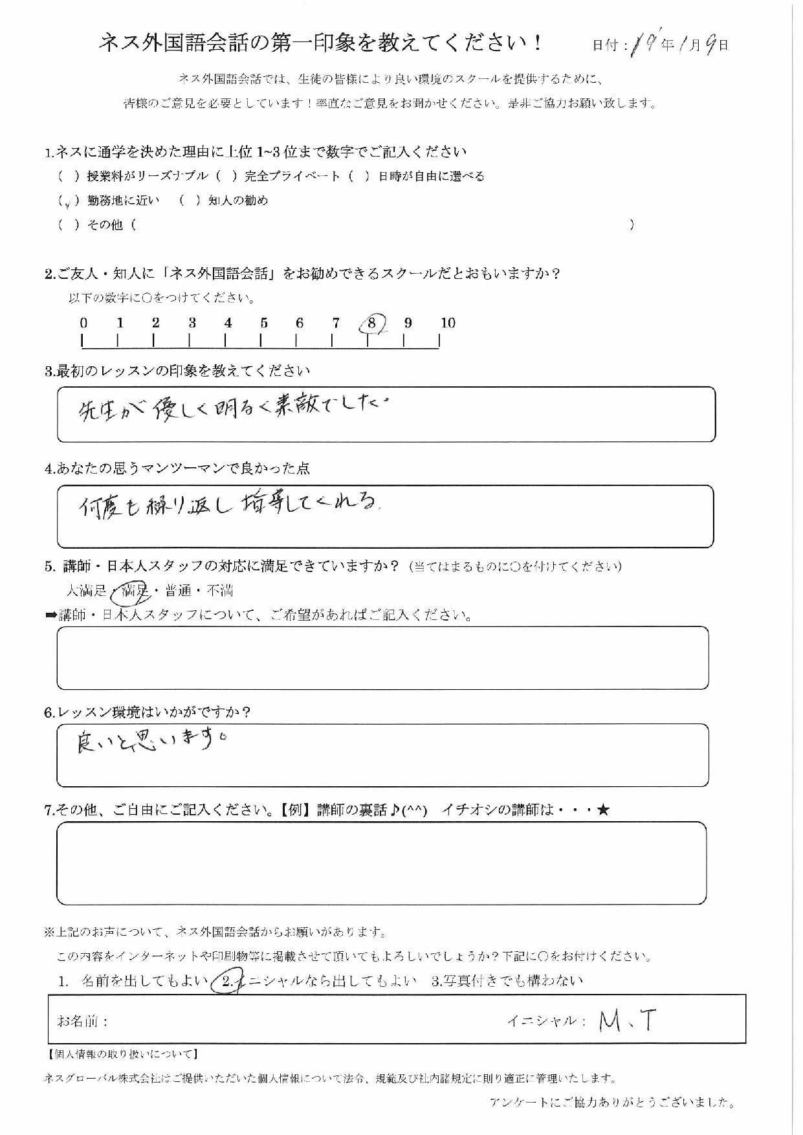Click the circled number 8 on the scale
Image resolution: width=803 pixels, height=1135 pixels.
372,323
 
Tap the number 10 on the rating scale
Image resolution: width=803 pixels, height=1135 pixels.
448,323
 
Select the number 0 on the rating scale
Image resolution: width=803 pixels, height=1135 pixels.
83,323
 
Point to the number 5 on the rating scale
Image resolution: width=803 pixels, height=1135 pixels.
264,323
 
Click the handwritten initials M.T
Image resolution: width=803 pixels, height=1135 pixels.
627,1021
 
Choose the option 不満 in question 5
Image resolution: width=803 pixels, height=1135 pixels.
220,590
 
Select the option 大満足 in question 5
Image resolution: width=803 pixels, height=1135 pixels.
87,590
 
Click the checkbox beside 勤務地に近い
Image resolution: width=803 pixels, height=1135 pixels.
68,201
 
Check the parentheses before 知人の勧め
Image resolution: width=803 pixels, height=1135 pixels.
190,201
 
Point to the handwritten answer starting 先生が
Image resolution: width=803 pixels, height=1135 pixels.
233,410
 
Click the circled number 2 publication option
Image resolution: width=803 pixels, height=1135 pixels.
226,981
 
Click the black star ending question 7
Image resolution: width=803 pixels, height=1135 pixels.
603,810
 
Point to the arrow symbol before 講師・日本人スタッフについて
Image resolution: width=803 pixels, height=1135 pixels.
51,615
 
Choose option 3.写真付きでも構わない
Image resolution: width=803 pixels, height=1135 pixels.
507,981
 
